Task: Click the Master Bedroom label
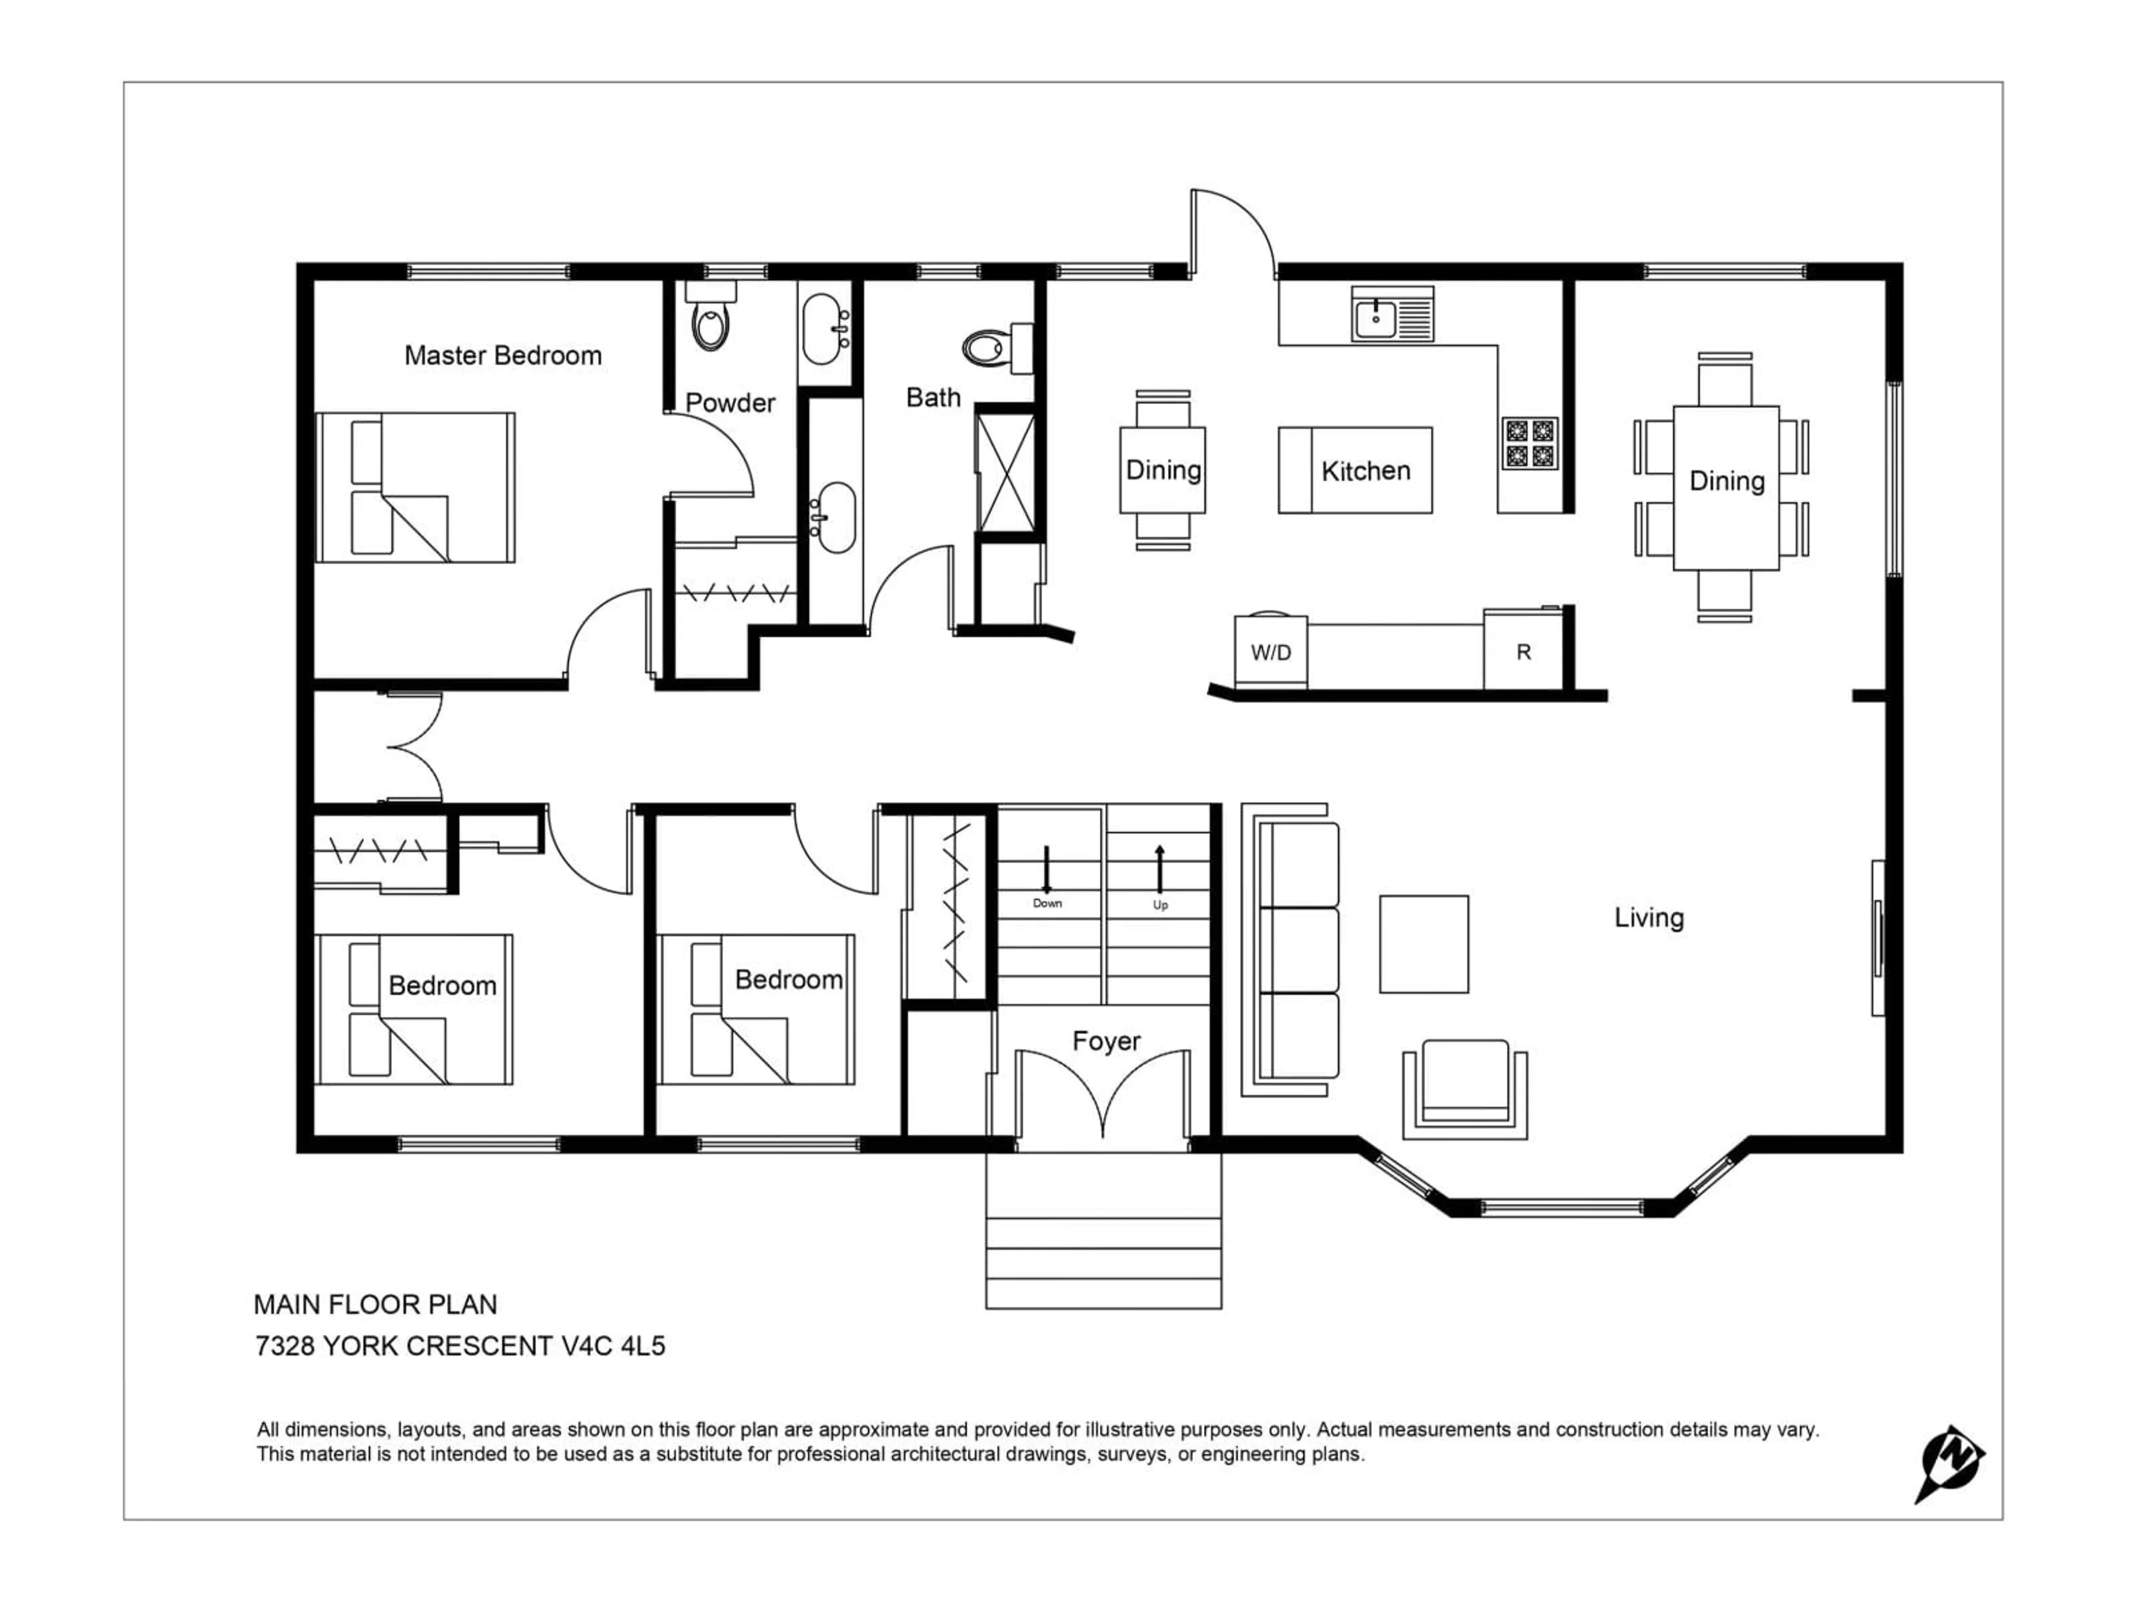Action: point(502,355)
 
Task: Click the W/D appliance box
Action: point(1271,653)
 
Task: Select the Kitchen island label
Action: point(1366,471)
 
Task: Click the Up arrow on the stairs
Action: point(1160,869)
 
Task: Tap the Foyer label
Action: point(1106,1041)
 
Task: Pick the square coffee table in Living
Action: point(1423,943)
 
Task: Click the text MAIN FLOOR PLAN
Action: point(375,1304)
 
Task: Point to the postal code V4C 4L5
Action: point(613,1346)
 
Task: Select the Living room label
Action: point(1648,917)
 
